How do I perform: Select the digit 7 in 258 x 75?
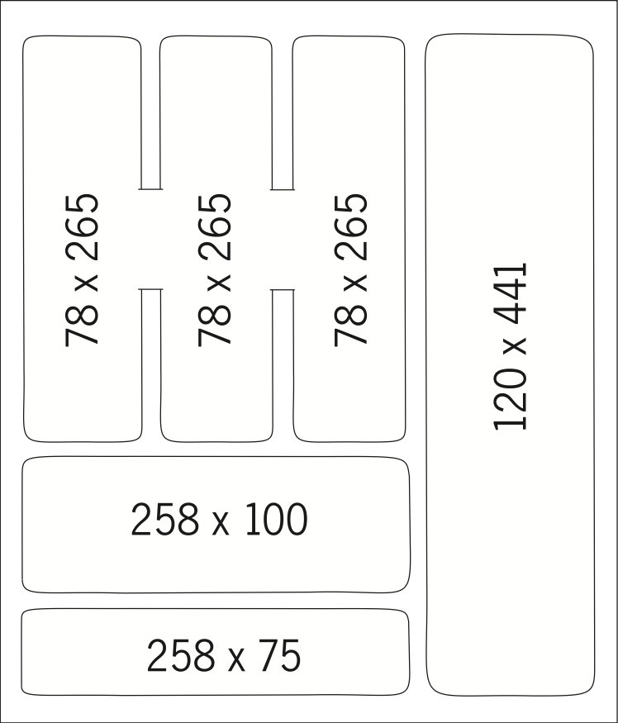point(269,657)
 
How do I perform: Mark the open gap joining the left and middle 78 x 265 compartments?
point(150,240)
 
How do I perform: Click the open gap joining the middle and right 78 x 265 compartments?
point(283,240)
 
